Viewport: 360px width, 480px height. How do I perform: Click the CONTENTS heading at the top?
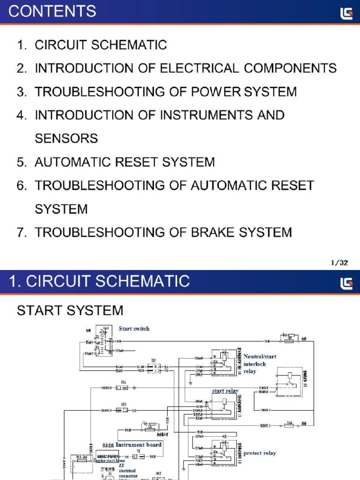[x=52, y=11]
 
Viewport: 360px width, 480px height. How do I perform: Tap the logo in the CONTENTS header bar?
[x=346, y=14]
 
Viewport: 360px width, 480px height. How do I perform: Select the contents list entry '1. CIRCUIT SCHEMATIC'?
[x=92, y=45]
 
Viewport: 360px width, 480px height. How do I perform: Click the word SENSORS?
[x=66, y=139]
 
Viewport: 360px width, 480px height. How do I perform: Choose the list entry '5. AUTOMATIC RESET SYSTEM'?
[x=116, y=162]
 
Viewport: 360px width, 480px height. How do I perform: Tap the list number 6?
[x=22, y=186]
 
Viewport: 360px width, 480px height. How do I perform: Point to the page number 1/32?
[x=339, y=263]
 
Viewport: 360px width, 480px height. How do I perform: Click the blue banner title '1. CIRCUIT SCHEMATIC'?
[x=99, y=281]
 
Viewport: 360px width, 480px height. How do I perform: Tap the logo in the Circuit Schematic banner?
[x=346, y=283]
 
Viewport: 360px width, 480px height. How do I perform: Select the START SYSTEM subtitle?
[x=70, y=310]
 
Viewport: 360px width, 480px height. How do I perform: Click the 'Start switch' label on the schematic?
[x=134, y=329]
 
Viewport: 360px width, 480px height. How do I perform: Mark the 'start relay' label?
[x=225, y=390]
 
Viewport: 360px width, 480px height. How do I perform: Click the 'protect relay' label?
[x=260, y=453]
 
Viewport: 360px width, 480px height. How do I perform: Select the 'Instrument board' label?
[x=138, y=444]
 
